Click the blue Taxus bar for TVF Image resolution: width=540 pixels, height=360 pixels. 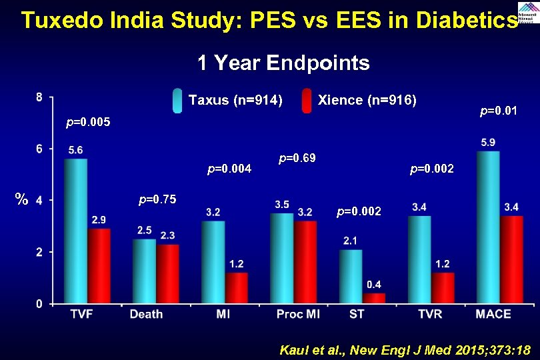click(75, 231)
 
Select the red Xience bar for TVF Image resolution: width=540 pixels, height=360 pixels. click(98, 267)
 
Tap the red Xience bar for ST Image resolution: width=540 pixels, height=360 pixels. click(373, 299)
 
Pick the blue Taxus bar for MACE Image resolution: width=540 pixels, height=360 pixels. click(487, 227)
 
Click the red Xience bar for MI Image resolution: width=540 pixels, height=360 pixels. click(236, 288)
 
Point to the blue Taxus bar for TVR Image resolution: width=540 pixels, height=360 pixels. click(419, 260)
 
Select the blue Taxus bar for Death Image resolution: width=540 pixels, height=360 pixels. click(144, 271)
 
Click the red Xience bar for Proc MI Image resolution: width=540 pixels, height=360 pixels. click(305, 262)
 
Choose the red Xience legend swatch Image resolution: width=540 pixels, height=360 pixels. click(307, 101)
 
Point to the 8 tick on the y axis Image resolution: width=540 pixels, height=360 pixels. click(39, 97)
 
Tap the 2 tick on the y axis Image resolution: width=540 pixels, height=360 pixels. click(39, 252)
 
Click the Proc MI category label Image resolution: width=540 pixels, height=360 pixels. click(298, 314)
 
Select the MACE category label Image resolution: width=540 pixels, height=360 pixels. click(493, 314)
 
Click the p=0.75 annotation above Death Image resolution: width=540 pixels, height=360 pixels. click(157, 199)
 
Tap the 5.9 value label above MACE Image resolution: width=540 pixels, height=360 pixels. click(488, 142)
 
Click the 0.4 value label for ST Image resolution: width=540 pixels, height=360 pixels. click(374, 285)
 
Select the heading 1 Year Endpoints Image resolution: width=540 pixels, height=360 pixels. click(283, 63)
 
